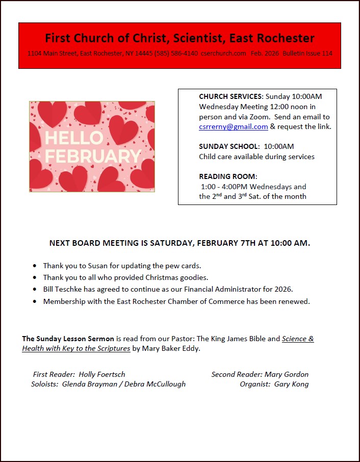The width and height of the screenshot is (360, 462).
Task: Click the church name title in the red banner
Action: (179, 38)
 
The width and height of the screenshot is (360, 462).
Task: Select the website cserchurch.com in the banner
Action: (223, 54)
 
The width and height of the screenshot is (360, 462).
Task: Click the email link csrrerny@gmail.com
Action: (234, 127)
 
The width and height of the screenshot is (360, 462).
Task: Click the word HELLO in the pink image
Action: (74, 138)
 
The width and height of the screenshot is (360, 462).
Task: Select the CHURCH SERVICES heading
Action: (231, 96)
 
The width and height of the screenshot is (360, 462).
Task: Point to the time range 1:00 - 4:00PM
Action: (224, 187)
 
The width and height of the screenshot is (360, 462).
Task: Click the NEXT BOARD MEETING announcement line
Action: (179, 243)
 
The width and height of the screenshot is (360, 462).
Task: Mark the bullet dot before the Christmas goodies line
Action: (34, 278)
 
